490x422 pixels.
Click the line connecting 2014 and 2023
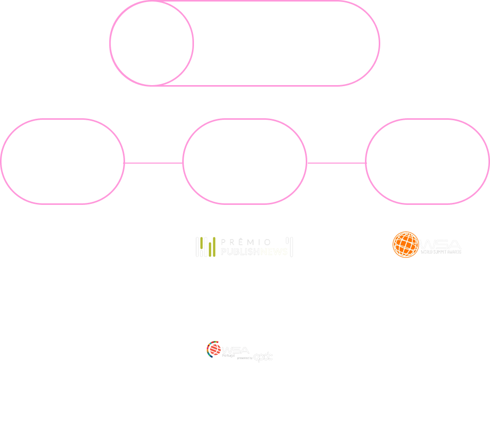click(154, 163)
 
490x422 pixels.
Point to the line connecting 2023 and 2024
click(336, 163)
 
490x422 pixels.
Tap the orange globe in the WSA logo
click(405, 245)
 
